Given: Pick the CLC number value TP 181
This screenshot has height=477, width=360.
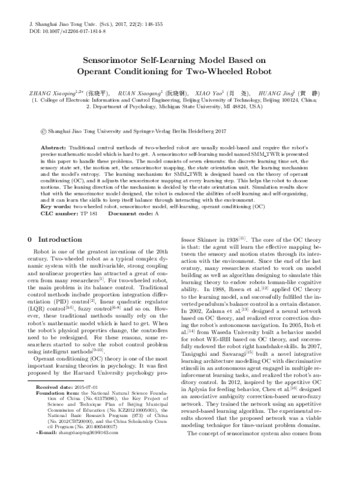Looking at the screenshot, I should coord(88,213).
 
